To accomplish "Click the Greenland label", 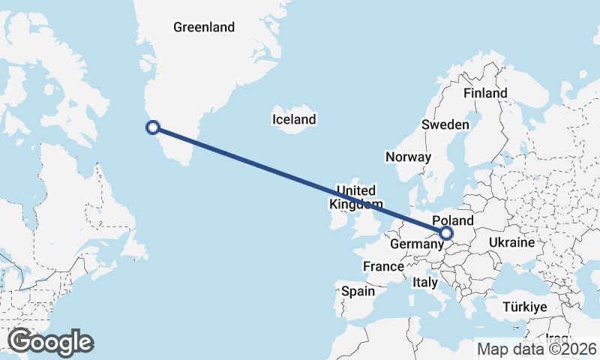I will point(204,28).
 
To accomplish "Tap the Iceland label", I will point(294,119).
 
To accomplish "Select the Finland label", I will point(485,93).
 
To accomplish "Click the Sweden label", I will point(445,124).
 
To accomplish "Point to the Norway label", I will point(408,157).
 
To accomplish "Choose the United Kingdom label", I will point(356,197).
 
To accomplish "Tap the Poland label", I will point(454,220).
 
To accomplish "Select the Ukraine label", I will point(511,243).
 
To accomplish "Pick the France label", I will point(384,266).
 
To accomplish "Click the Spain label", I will point(357,291).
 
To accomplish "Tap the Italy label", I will point(424,283).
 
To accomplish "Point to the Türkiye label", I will point(525,307).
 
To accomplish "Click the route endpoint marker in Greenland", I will point(153,127).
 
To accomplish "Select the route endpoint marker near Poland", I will point(446,233).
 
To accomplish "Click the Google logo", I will point(50,342).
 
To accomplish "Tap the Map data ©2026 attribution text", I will point(537,349).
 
